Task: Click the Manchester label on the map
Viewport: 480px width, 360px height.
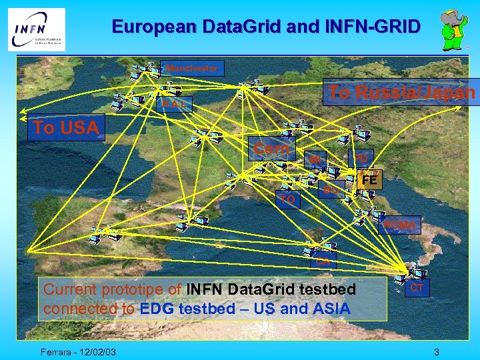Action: [192, 68]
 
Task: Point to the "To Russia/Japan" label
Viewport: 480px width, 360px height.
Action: [401, 93]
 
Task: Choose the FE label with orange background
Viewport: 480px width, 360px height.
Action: [369, 180]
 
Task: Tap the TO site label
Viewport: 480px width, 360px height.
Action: [287, 199]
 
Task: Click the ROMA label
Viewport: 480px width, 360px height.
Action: [399, 225]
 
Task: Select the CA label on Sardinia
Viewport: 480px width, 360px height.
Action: [323, 261]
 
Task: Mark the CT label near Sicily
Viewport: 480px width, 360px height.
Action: [417, 287]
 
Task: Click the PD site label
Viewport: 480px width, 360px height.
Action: [361, 159]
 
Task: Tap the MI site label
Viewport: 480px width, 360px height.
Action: [316, 160]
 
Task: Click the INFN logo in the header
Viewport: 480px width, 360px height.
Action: [37, 29]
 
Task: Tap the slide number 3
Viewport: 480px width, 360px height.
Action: [436, 351]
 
